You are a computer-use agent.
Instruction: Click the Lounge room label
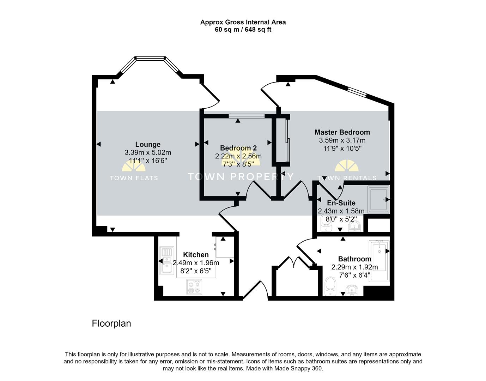tap(148, 144)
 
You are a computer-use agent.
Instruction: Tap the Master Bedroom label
tap(342, 132)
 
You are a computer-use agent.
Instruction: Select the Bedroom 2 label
tap(238, 148)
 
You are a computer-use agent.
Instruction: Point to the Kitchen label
tap(196, 255)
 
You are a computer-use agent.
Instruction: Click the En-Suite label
tap(341, 203)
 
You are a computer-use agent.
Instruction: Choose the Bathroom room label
tap(354, 259)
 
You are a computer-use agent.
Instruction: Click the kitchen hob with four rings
tap(194, 286)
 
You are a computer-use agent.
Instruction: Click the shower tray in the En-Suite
tap(378, 199)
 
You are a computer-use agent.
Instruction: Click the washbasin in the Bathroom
tap(352, 290)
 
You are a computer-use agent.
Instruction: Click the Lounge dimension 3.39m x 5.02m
tap(148, 152)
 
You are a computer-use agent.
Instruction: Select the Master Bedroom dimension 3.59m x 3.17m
tap(342, 140)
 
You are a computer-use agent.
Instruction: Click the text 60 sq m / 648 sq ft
tap(243, 30)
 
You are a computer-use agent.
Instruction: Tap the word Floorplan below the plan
tap(111, 323)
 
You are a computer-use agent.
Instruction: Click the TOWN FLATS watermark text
tap(134, 178)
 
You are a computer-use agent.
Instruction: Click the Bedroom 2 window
tap(246, 116)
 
